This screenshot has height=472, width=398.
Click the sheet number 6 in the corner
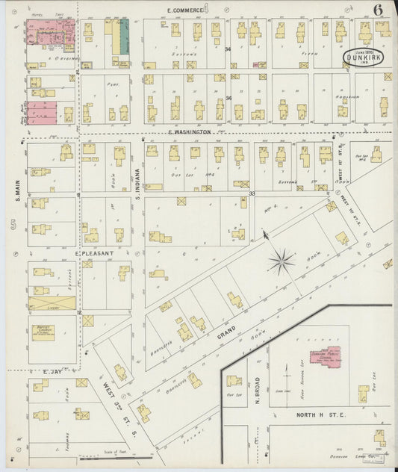379,10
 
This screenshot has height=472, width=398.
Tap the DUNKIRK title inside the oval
364,55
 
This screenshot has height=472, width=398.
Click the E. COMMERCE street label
185,10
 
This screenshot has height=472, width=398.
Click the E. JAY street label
51,371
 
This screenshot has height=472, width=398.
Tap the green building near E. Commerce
124,35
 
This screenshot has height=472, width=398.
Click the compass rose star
282,261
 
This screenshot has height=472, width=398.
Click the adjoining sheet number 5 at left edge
13,224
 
